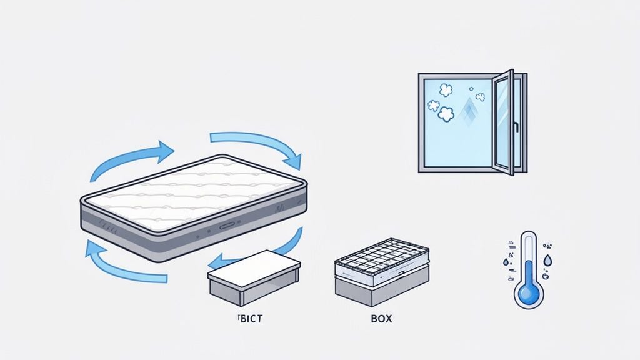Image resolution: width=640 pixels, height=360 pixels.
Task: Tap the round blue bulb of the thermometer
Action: pos(529,294)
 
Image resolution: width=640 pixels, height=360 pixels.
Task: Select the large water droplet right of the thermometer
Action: pos(547,259)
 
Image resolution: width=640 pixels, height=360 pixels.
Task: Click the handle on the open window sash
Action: pos(517,127)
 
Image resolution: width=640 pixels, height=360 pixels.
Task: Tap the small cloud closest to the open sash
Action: pos(480,97)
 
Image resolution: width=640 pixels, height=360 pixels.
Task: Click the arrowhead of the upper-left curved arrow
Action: pos(166,150)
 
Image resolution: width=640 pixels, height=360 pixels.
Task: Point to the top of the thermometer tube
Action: pos(529,236)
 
